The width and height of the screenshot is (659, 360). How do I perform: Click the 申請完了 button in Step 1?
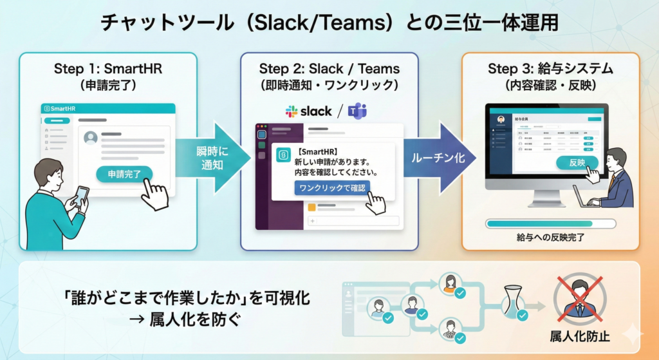coord(124,174)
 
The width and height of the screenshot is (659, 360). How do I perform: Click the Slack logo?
coord(309,111)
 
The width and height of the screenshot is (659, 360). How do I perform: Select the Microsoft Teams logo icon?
coord(357,111)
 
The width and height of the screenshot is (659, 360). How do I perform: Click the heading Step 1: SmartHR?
coord(107,68)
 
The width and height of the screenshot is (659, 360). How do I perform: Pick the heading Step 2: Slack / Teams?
coord(329,68)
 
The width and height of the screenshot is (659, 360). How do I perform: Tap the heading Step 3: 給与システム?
coord(550,68)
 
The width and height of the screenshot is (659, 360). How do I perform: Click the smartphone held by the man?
coord(82,195)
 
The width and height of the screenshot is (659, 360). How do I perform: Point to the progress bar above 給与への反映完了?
coord(550,223)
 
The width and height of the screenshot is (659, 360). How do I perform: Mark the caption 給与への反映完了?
coord(550,238)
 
